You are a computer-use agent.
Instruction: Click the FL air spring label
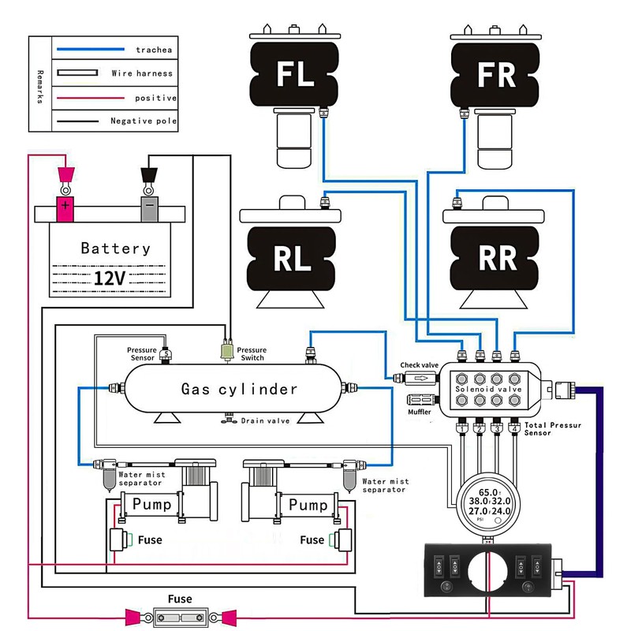[x=295, y=73]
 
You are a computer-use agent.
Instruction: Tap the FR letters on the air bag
[x=496, y=74]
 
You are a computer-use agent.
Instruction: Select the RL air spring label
[x=292, y=258]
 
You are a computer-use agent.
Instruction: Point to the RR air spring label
[x=498, y=258]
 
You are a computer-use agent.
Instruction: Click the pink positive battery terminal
[x=65, y=209]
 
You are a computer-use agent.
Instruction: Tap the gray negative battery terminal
[x=149, y=209]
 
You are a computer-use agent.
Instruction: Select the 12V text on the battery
[x=110, y=278]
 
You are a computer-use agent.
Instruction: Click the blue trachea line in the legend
[x=91, y=49]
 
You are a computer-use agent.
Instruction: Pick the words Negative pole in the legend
[x=144, y=121]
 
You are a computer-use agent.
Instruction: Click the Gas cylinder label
[x=239, y=389]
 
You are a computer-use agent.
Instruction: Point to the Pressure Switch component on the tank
[x=227, y=351]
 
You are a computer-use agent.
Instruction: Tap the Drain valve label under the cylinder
[x=265, y=421]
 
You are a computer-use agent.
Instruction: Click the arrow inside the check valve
[x=421, y=379]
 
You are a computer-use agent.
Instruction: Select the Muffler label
[x=420, y=412]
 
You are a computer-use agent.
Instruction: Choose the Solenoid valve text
[x=488, y=389]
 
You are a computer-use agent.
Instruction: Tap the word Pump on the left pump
[x=151, y=504]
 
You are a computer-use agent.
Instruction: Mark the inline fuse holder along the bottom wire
[x=181, y=617]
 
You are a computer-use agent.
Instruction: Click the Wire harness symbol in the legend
[x=77, y=73]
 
